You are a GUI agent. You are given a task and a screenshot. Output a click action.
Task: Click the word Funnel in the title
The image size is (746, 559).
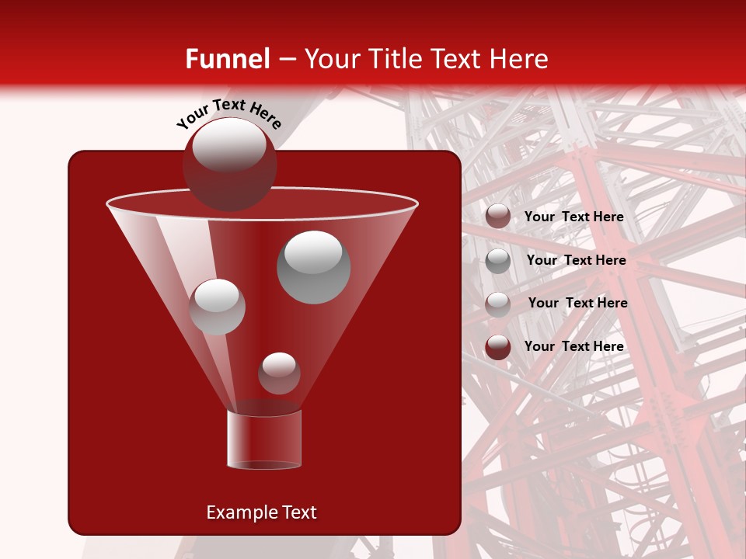[227, 59]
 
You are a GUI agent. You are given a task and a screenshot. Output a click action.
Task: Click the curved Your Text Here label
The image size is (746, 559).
[228, 113]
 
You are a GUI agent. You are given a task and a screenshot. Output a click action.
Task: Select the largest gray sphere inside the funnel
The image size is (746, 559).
[313, 266]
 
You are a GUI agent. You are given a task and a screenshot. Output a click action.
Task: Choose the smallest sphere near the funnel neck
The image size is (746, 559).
[279, 373]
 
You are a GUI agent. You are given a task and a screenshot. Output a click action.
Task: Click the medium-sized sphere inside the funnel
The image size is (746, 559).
[217, 306]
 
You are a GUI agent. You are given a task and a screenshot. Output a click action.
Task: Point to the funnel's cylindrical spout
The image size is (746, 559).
[264, 439]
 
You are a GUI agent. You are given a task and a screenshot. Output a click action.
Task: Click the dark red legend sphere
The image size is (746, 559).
[498, 347]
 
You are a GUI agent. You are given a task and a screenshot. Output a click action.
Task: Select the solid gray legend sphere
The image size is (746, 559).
[498, 261]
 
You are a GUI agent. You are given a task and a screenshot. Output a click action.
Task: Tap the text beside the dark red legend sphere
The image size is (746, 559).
[573, 346]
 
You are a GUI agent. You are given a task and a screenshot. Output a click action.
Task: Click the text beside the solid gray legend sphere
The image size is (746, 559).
[576, 260]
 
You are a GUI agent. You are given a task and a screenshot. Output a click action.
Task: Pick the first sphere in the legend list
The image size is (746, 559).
[498, 217]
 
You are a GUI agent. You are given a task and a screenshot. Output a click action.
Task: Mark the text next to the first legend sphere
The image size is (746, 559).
[573, 217]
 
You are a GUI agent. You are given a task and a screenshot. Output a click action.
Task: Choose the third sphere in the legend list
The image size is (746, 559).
[498, 304]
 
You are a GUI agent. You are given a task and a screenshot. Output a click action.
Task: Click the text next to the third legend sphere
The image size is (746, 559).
[577, 303]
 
